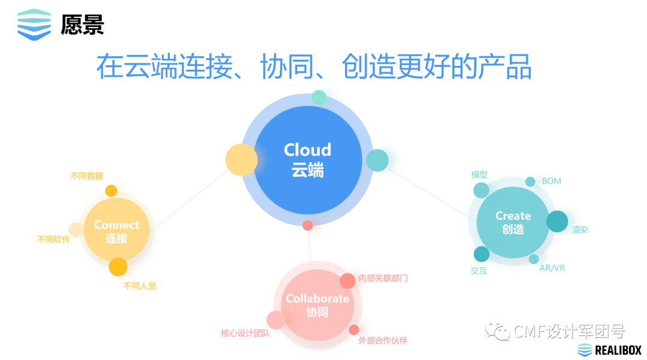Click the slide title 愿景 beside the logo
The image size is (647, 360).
pos(83,25)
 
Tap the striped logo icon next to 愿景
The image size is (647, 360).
pos(34,25)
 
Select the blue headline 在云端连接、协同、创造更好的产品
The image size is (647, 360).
pos(314,66)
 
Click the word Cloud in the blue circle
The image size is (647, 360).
pos(307,150)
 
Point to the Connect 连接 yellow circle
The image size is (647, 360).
pos(116,231)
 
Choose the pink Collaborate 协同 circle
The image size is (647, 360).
pos(317,305)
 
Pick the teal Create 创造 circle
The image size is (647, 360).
pos(513,222)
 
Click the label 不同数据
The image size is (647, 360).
pos(87,176)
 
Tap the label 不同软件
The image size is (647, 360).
pos(53,240)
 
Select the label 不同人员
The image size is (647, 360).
pos(140,286)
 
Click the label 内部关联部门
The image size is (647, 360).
pos(383,279)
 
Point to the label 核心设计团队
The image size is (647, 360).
pos(245,334)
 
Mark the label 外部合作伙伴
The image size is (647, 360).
pos(383,341)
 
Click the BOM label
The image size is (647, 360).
pos(551,181)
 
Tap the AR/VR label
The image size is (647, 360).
pos(552,268)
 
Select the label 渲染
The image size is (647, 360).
pos(579,229)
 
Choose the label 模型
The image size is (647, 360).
pos(479,175)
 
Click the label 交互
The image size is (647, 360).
pos(479,271)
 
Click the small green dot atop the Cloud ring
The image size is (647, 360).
pos(319,97)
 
